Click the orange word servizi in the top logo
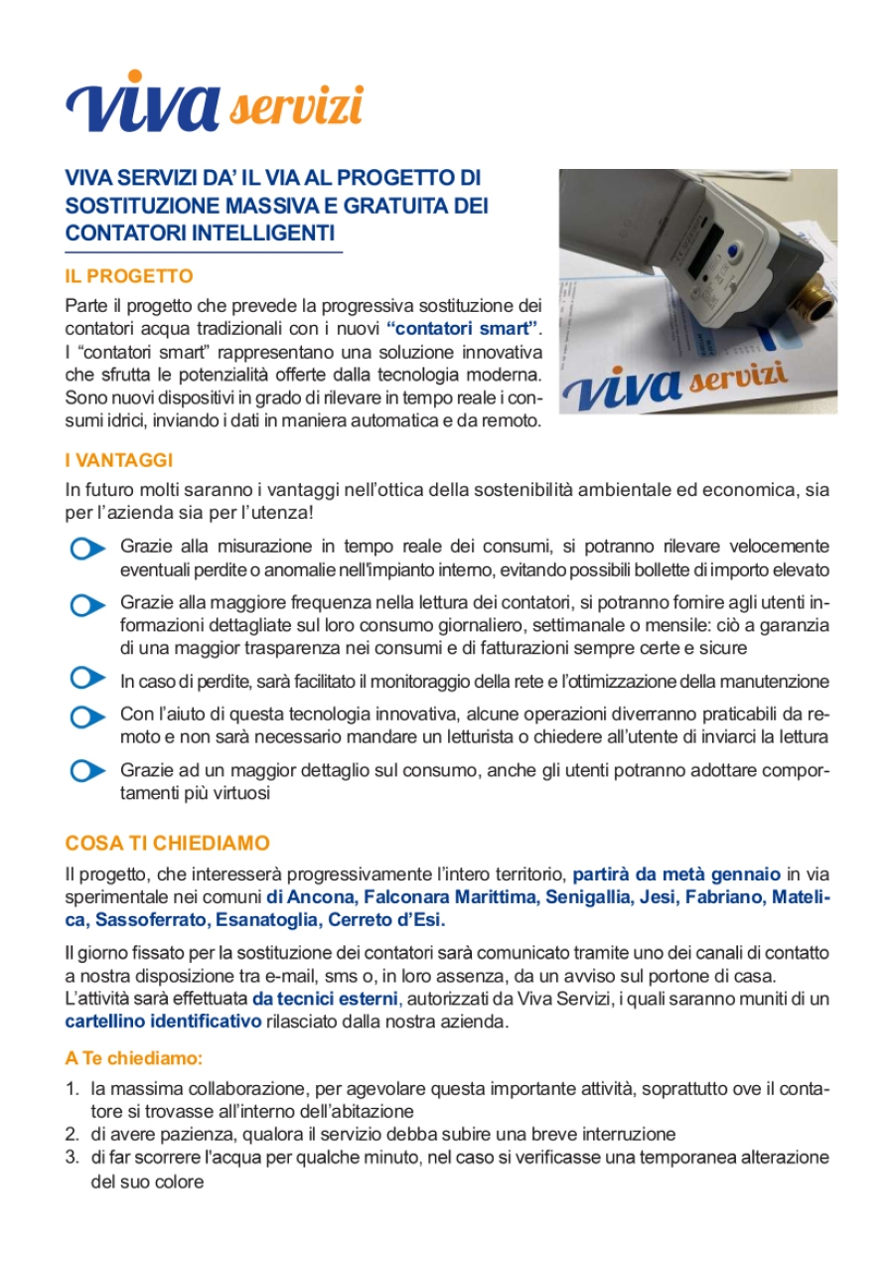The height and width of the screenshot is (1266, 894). [x=296, y=106]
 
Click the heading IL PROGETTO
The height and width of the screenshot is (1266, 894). [x=129, y=276]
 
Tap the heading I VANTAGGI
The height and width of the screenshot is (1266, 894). [x=119, y=460]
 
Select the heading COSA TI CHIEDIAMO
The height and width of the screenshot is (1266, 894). [x=167, y=844]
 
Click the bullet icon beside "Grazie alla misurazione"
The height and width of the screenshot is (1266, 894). [x=88, y=550]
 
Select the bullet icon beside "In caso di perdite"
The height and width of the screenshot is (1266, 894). [x=88, y=678]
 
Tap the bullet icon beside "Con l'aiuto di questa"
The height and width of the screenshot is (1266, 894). [x=88, y=716]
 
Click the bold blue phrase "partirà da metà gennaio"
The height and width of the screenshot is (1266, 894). [x=677, y=874]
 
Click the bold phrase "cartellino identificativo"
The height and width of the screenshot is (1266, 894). [x=163, y=1022]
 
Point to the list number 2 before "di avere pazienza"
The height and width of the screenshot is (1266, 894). [x=72, y=1134]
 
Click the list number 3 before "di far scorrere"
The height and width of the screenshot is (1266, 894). [x=72, y=1158]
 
